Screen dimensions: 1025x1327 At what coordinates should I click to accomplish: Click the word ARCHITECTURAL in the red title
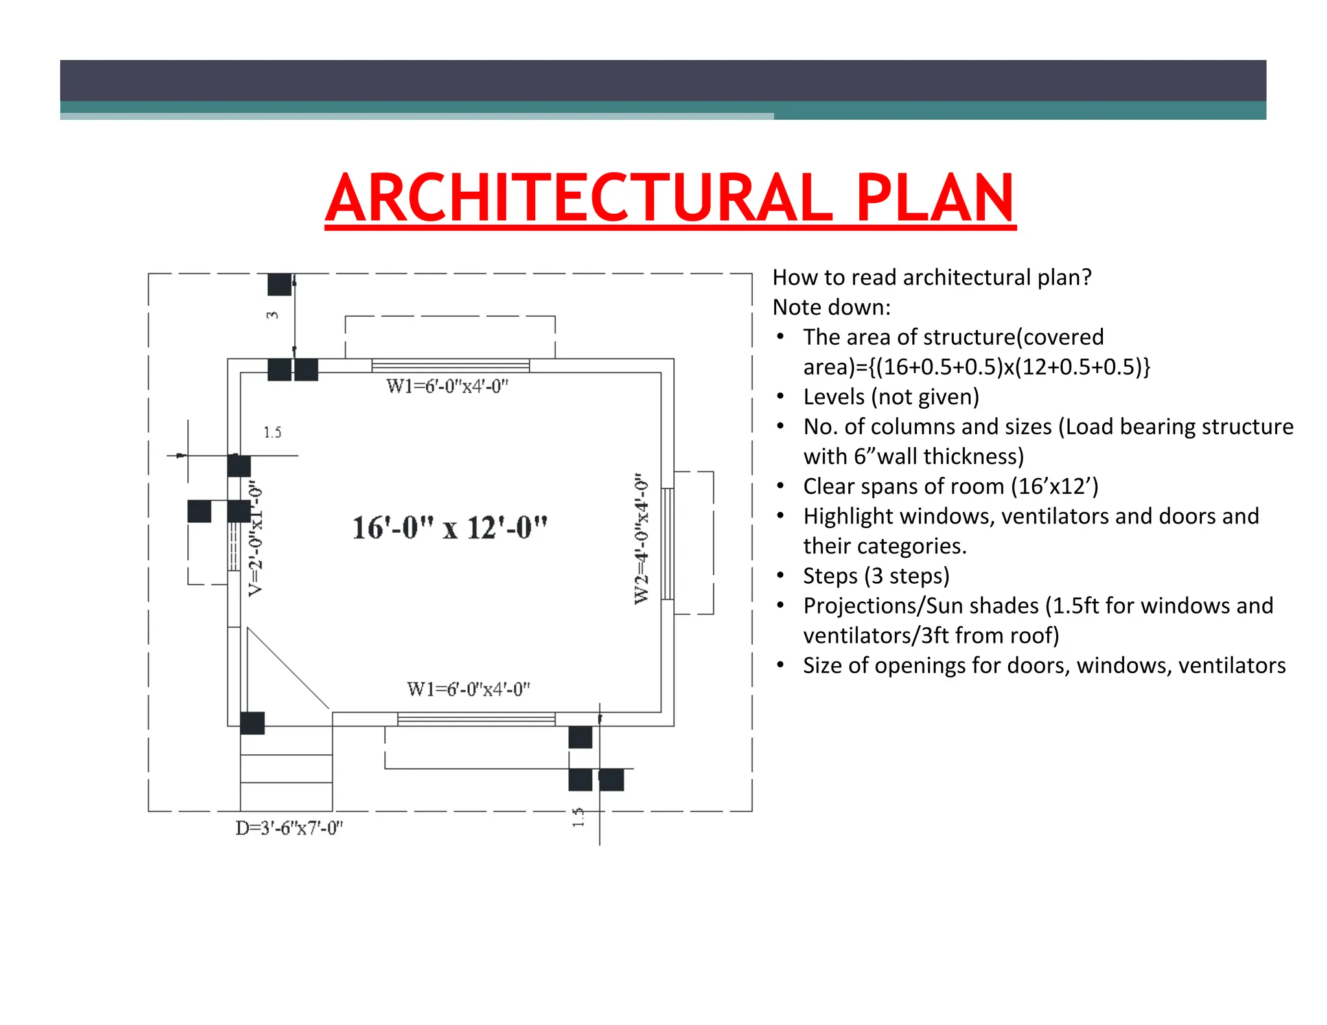[579, 198]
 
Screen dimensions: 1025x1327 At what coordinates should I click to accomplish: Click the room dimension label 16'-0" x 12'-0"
[450, 527]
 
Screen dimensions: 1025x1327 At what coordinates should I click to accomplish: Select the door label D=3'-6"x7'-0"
[289, 828]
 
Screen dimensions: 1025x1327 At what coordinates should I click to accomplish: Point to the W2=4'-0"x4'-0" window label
[641, 538]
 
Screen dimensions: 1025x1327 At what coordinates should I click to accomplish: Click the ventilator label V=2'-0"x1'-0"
[257, 538]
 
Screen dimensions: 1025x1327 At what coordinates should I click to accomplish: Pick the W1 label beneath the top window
[447, 386]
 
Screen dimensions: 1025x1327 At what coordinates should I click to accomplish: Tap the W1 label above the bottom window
[468, 689]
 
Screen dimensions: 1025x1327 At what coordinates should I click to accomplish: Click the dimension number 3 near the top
[272, 315]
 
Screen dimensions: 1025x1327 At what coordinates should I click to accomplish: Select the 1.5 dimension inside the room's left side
[272, 432]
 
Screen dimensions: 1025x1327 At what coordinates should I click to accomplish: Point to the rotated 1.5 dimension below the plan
[578, 816]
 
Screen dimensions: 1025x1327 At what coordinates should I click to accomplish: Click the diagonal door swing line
[288, 668]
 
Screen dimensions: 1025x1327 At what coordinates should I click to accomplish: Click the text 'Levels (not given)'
[890, 397]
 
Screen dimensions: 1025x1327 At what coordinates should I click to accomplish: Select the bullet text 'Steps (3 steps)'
[875, 575]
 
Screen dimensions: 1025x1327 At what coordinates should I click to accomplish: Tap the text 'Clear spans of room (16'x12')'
[950, 486]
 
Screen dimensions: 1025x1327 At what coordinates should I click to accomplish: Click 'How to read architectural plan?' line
[932, 277]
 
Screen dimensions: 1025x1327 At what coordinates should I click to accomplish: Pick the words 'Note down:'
[831, 307]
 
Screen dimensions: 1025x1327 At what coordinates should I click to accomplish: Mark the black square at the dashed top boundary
[279, 284]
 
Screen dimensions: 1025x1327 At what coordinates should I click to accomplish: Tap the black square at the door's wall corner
[252, 723]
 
